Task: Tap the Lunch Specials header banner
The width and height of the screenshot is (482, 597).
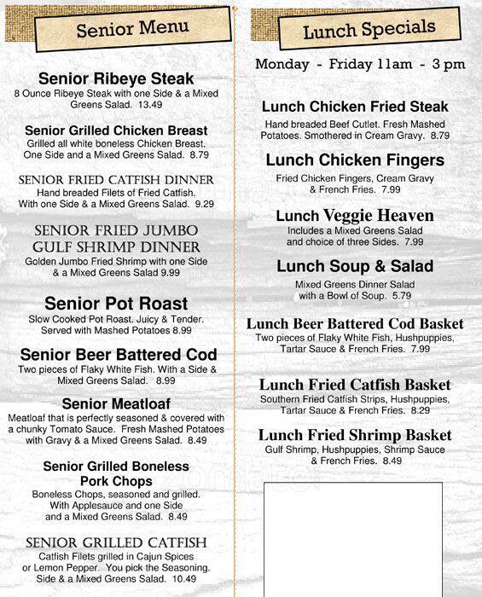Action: click(x=369, y=31)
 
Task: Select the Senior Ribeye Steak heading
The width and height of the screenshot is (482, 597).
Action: click(x=116, y=78)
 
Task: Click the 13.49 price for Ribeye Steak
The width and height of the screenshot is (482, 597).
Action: click(x=150, y=105)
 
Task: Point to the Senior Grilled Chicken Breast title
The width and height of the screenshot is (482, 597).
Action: click(x=116, y=130)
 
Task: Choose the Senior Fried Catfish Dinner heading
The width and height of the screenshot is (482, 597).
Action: click(x=116, y=180)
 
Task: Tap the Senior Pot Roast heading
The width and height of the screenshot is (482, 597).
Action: click(x=116, y=304)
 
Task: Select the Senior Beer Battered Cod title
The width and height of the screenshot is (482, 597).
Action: click(x=119, y=354)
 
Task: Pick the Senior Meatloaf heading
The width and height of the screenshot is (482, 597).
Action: click(x=116, y=403)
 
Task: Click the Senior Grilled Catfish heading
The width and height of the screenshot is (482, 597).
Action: click(x=116, y=542)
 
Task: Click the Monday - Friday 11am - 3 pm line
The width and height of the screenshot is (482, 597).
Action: click(x=360, y=65)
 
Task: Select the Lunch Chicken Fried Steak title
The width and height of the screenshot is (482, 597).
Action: click(x=355, y=107)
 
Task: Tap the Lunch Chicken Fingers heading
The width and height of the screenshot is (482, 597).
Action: click(x=355, y=160)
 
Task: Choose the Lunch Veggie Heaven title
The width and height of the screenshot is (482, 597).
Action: click(x=355, y=216)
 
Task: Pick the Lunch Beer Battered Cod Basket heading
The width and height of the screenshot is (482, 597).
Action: click(x=355, y=324)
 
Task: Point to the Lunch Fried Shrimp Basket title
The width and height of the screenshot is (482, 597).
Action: click(x=355, y=435)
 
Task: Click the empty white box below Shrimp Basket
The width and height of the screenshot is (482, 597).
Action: click(x=352, y=537)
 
